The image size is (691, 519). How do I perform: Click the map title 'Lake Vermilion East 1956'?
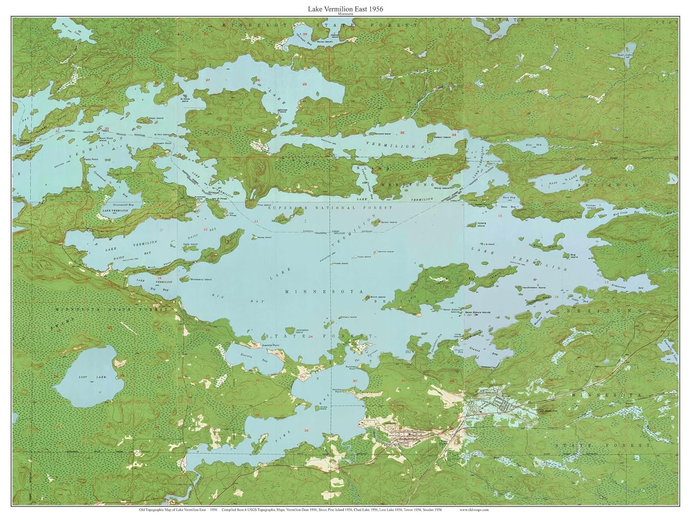coord(345,9)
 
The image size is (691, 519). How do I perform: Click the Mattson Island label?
coord(442,137)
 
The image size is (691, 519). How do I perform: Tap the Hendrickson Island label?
coord(534,287)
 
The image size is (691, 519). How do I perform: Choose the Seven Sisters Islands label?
coord(477,312)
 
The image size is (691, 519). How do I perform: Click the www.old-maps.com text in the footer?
coord(474,510)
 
